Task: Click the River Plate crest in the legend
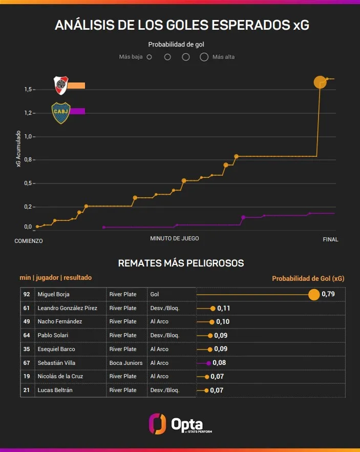tap(61, 85)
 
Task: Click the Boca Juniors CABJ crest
tap(61, 113)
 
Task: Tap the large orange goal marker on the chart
tap(320, 82)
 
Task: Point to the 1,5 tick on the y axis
tap(29, 90)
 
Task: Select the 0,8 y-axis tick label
tap(29, 160)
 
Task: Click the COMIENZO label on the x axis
tap(28, 240)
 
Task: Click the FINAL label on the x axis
tap(330, 239)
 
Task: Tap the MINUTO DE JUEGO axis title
tap(174, 238)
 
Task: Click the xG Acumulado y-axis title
tap(19, 148)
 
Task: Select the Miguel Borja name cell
tap(53, 295)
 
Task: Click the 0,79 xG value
tap(328, 294)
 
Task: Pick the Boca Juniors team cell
tap(126, 363)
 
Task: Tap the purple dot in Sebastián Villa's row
tap(208, 363)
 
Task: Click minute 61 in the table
tap(27, 309)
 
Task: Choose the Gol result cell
tap(155, 295)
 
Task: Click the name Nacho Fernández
tap(59, 322)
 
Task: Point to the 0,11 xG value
tap(224, 309)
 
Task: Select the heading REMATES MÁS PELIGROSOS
tap(181, 263)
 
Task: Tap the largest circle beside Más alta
tap(204, 57)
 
